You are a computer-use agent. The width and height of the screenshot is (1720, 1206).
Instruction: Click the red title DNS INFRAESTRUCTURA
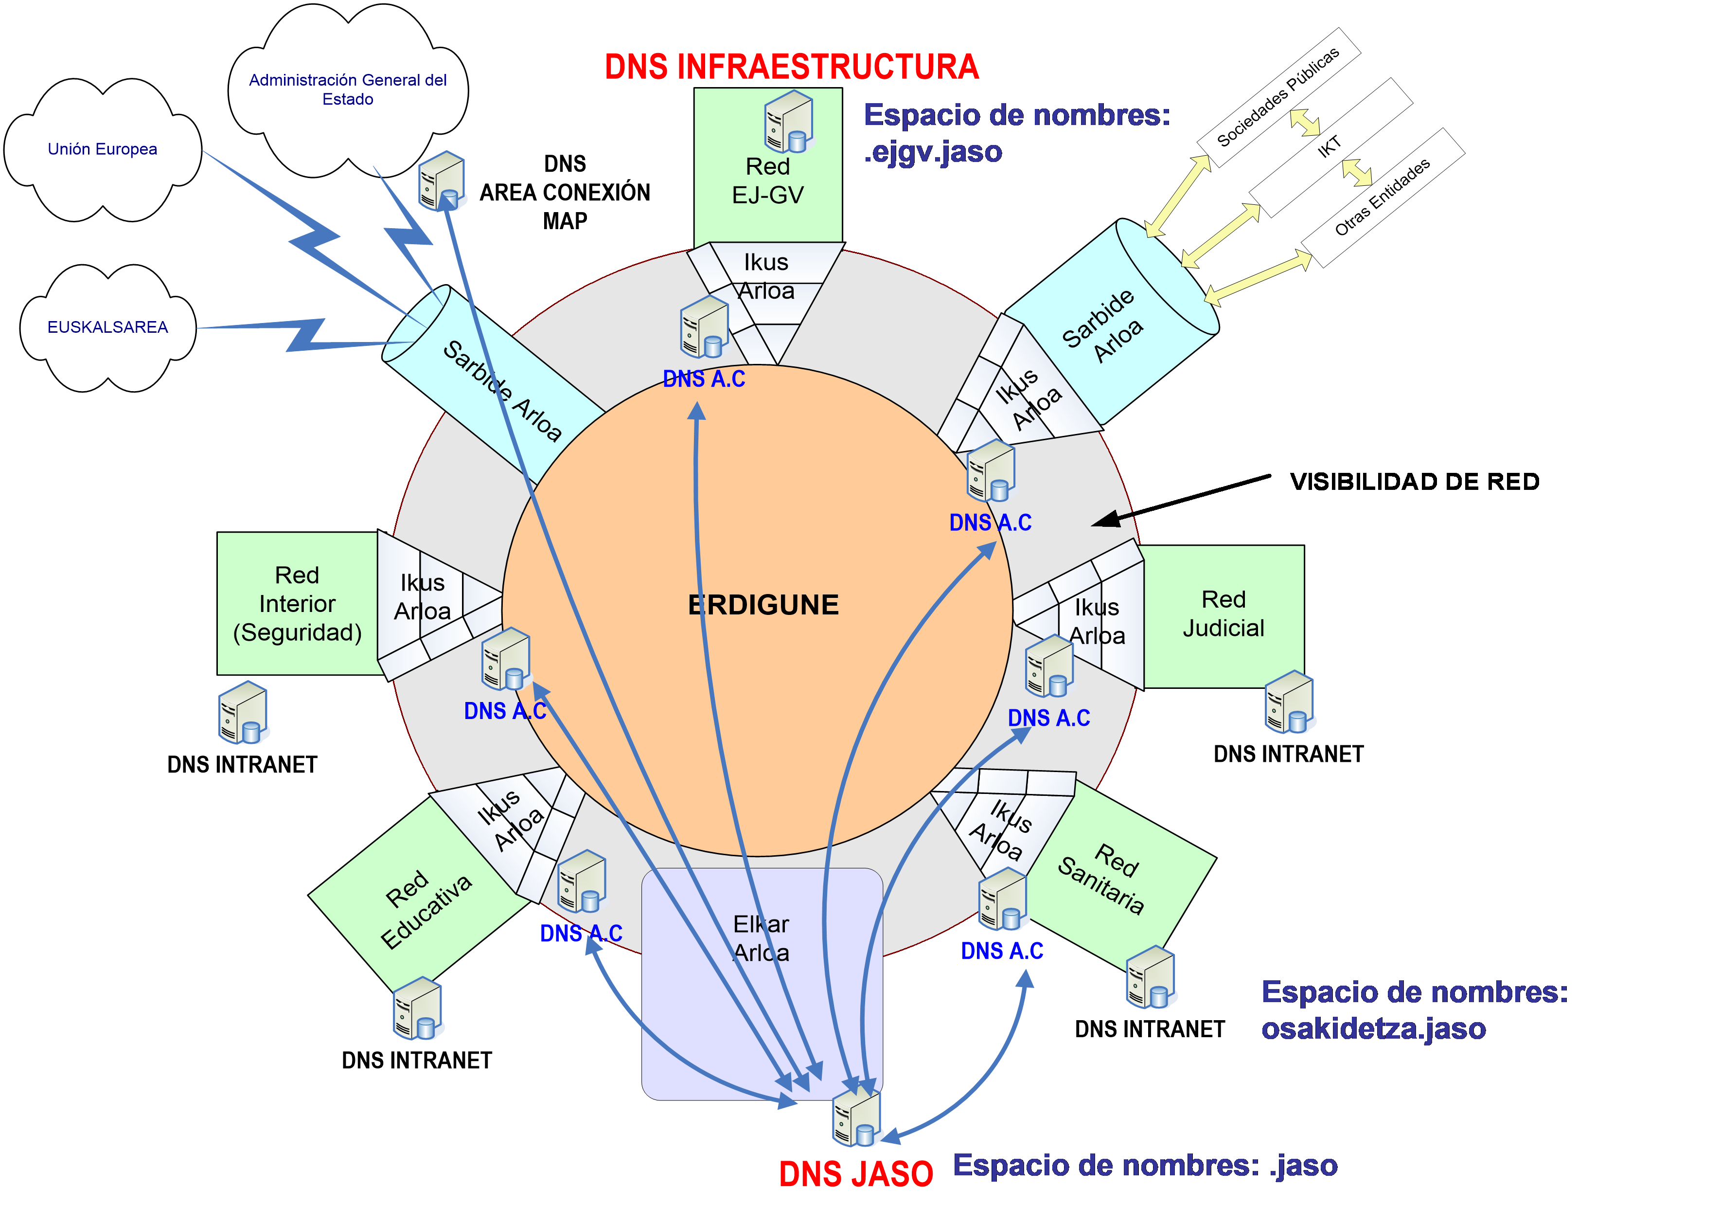pyautogui.click(x=792, y=68)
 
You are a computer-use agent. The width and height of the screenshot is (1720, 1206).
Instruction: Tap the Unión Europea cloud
pyautogui.click(x=103, y=149)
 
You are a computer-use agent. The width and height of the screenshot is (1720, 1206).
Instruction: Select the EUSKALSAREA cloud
pyautogui.click(x=108, y=327)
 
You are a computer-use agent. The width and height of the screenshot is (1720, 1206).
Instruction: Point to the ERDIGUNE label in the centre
pyautogui.click(x=763, y=605)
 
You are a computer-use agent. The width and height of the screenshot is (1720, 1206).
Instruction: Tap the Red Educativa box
pyautogui.click(x=427, y=909)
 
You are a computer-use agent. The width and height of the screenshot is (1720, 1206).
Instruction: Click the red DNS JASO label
pyautogui.click(x=855, y=1174)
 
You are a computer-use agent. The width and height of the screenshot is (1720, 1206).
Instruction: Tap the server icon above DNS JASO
pyautogui.click(x=857, y=1117)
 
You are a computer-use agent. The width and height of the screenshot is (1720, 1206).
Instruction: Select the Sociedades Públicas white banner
pyautogui.click(x=1278, y=97)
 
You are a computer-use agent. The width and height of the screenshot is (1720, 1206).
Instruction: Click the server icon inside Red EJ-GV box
pyautogui.click(x=789, y=122)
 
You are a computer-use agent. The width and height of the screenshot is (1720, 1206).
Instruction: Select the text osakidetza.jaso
pyautogui.click(x=1373, y=1028)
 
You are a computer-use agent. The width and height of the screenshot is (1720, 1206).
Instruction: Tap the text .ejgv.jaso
pyautogui.click(x=933, y=152)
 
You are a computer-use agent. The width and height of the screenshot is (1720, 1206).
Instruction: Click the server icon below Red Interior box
pyautogui.click(x=244, y=712)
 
